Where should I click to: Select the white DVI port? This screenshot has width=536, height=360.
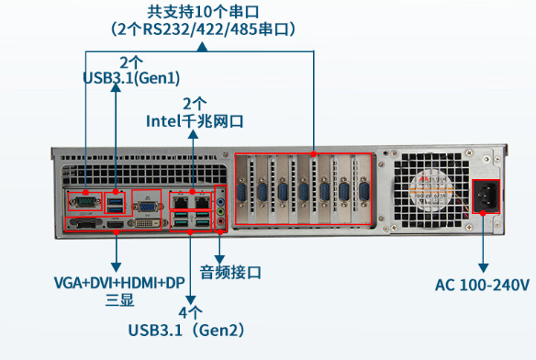146,222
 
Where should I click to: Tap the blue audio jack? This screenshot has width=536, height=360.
220,194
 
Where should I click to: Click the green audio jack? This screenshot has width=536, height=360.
220,208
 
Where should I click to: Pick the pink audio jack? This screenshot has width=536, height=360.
220,223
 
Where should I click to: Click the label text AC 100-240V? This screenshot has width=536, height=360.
482,285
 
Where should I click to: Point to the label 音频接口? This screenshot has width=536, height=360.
231,272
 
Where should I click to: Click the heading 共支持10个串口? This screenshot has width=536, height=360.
203,12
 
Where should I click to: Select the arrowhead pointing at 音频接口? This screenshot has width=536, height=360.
218,258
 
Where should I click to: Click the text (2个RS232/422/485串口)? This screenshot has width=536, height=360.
204,29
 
